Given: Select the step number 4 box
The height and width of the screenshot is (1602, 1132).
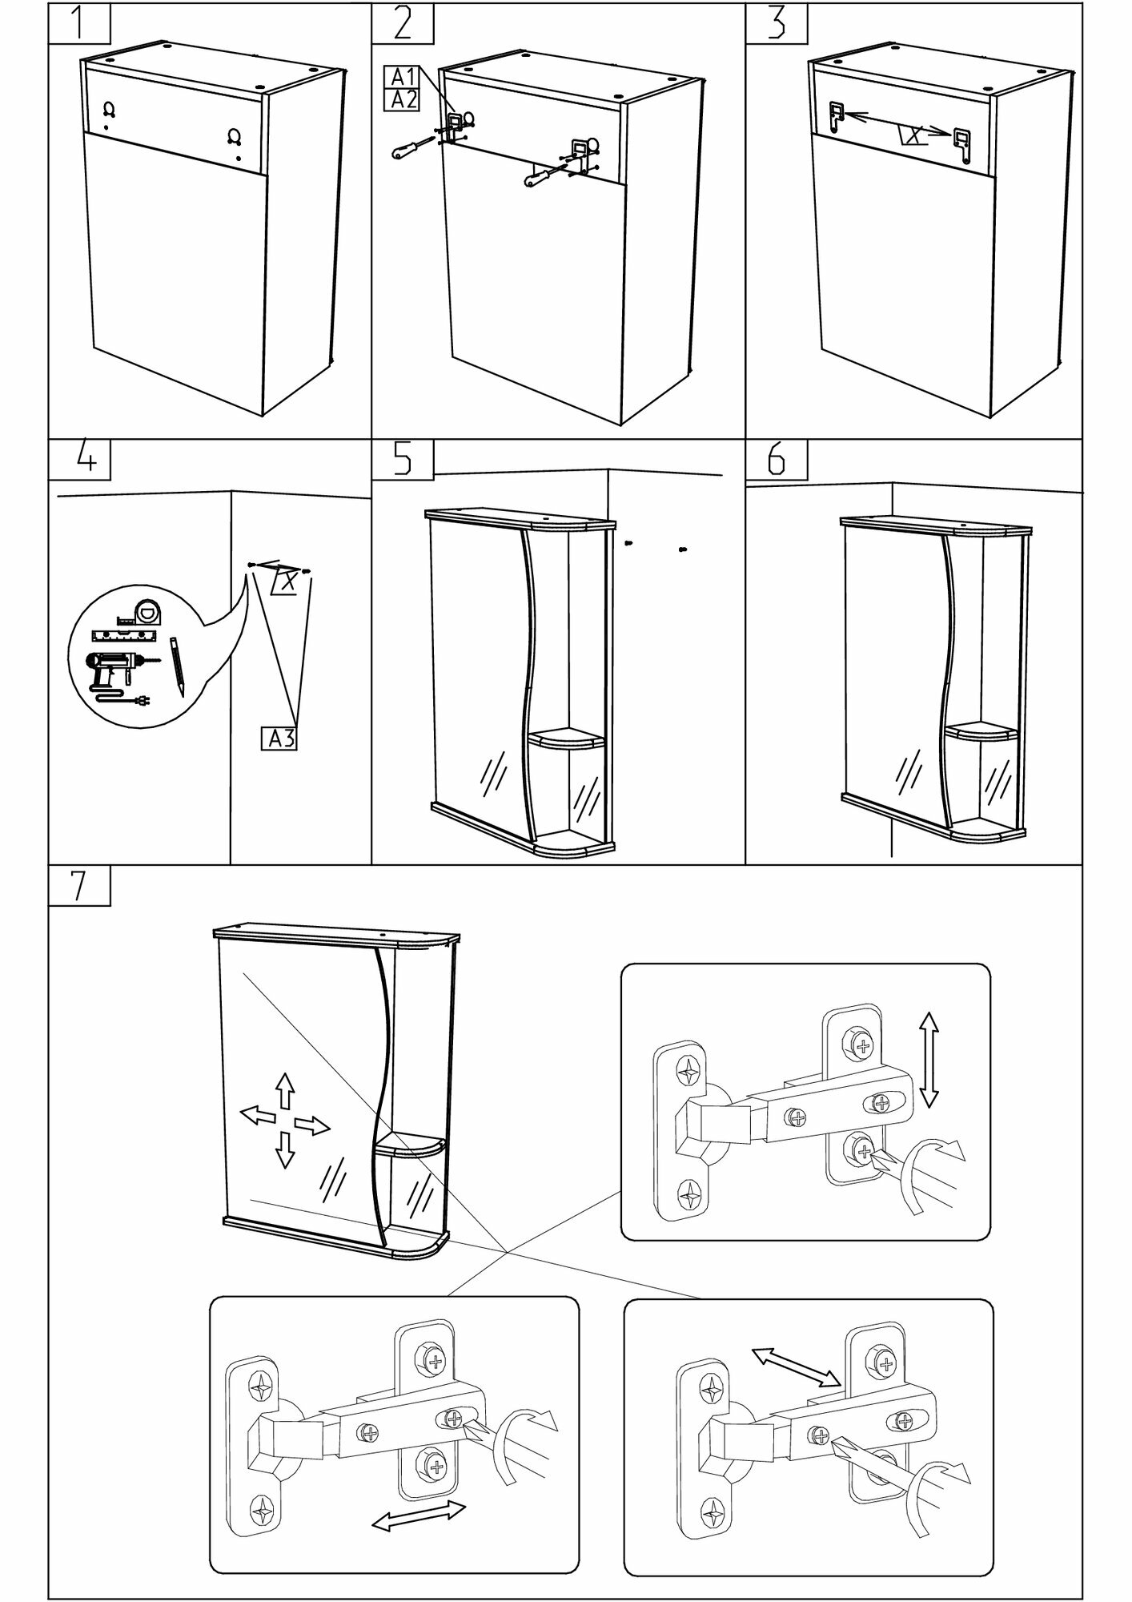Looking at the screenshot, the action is coord(78,460).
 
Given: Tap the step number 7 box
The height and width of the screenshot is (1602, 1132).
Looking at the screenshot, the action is coord(78,885).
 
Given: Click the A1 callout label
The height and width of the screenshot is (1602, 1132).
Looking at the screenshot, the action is coord(402,78).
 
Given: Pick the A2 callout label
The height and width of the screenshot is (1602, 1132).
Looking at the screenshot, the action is coord(402,99).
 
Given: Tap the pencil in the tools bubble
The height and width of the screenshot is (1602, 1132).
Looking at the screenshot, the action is coord(178,666).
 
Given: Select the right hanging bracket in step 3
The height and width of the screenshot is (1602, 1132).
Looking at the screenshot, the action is coord(962,146).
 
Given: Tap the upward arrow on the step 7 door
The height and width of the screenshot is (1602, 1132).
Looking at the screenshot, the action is coord(284,1089).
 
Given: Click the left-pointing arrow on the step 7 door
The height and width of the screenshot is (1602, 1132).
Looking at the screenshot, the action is coord(259,1114).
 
